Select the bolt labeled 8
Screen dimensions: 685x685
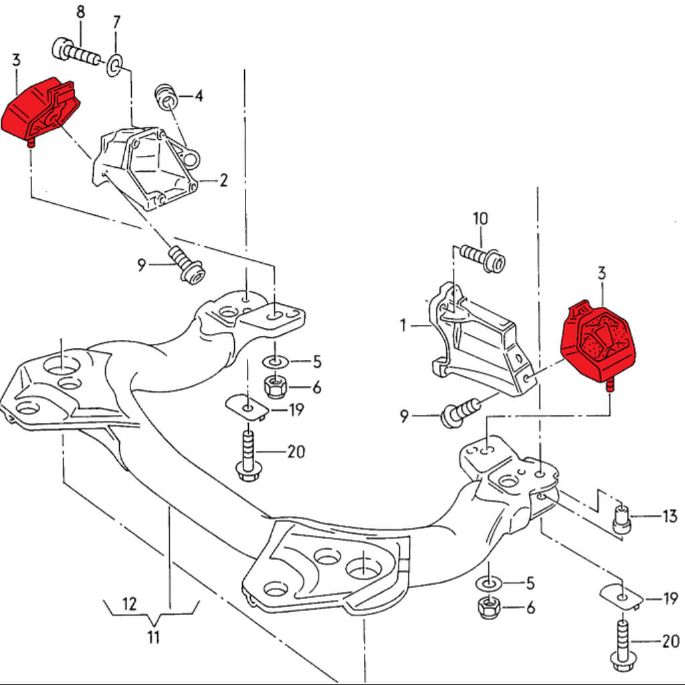coord(74,52)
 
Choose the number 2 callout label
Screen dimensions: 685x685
coord(223,180)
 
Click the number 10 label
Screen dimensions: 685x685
coord(480,219)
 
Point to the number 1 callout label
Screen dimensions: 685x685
coord(403,326)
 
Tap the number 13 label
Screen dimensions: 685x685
coord(669,516)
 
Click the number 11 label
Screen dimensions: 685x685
coord(154,637)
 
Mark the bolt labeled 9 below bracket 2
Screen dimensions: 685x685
coord(187,266)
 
